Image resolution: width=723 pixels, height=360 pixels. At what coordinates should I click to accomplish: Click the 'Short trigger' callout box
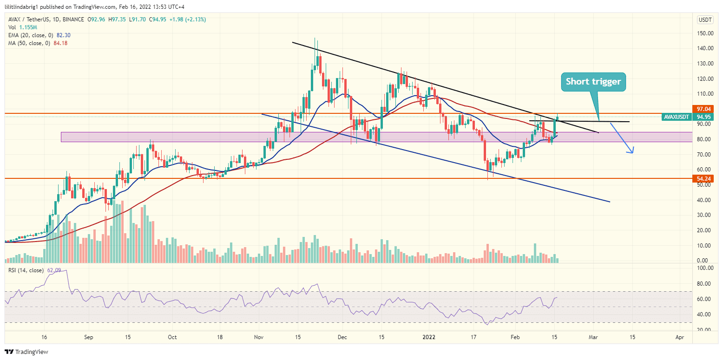593,82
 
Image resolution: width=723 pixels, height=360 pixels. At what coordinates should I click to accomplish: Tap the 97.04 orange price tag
701,108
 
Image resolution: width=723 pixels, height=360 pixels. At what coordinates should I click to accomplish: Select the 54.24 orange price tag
701,178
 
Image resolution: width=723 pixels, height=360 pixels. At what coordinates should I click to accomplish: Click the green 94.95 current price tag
701,117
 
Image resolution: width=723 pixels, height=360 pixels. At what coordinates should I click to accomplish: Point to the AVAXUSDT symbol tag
677,117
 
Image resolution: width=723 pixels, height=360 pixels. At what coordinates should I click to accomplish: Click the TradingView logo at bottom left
26,352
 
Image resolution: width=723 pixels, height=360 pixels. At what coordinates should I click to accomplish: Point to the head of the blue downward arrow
632,151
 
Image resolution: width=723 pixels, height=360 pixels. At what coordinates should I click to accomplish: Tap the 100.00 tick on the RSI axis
705,268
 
